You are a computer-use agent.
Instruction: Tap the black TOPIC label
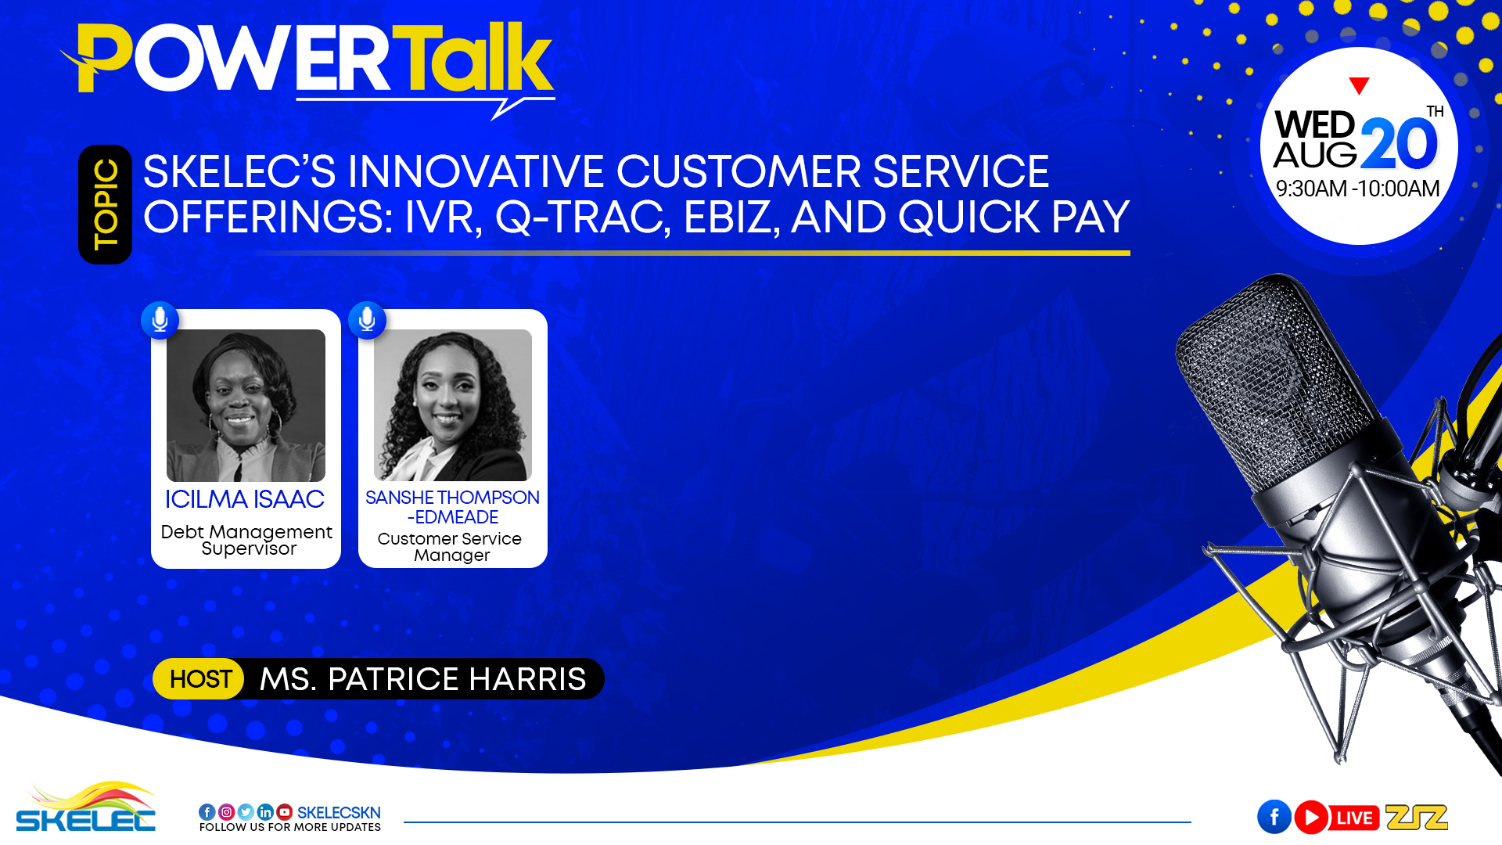tap(105, 204)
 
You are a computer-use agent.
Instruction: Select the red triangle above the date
tap(1359, 85)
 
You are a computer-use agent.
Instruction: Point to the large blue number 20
tap(1400, 144)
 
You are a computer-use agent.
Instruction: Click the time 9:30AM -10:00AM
tap(1357, 189)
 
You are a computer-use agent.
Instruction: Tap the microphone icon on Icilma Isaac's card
tap(160, 320)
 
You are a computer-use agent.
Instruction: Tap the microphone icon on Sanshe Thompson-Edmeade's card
tap(367, 320)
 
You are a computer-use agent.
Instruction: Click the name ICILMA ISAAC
tap(245, 499)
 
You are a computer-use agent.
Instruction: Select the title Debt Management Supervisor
tap(246, 540)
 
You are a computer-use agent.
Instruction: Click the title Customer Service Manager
tap(451, 547)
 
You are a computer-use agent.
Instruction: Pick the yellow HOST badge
tap(199, 678)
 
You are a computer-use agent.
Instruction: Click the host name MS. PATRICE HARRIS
tap(422, 679)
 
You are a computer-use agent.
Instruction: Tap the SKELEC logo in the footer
tap(86, 807)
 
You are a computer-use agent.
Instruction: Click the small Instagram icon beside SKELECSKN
tap(226, 812)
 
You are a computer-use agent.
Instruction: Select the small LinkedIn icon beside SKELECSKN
tap(265, 812)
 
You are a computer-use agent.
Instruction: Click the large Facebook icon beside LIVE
tap(1274, 818)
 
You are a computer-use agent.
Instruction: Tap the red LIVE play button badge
tap(1337, 818)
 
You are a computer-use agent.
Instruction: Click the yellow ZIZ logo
tap(1416, 817)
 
